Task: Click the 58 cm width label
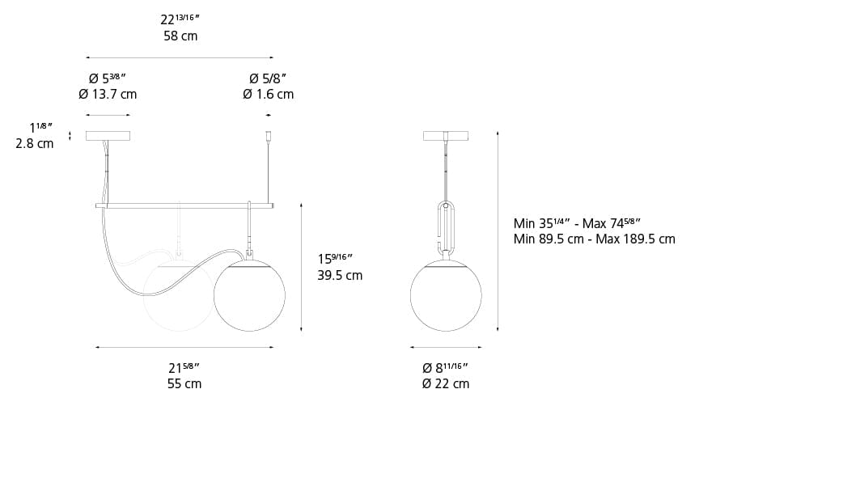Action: coord(180,36)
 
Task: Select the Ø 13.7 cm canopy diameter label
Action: coord(108,94)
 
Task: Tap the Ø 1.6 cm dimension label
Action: coord(268,94)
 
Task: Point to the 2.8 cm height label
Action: coord(34,143)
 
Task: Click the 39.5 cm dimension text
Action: coord(340,275)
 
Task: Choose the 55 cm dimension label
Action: coord(184,383)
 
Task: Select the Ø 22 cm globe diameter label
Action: coord(445,383)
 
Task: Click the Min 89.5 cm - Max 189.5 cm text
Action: coord(594,239)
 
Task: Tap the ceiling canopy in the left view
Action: coord(108,136)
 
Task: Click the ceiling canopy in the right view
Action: coord(445,136)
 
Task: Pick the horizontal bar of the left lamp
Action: coord(184,206)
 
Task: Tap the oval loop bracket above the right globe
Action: coord(446,226)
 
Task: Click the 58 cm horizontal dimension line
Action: coord(180,57)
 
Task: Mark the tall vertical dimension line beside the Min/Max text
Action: coord(498,231)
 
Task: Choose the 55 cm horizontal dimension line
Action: coord(184,348)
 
